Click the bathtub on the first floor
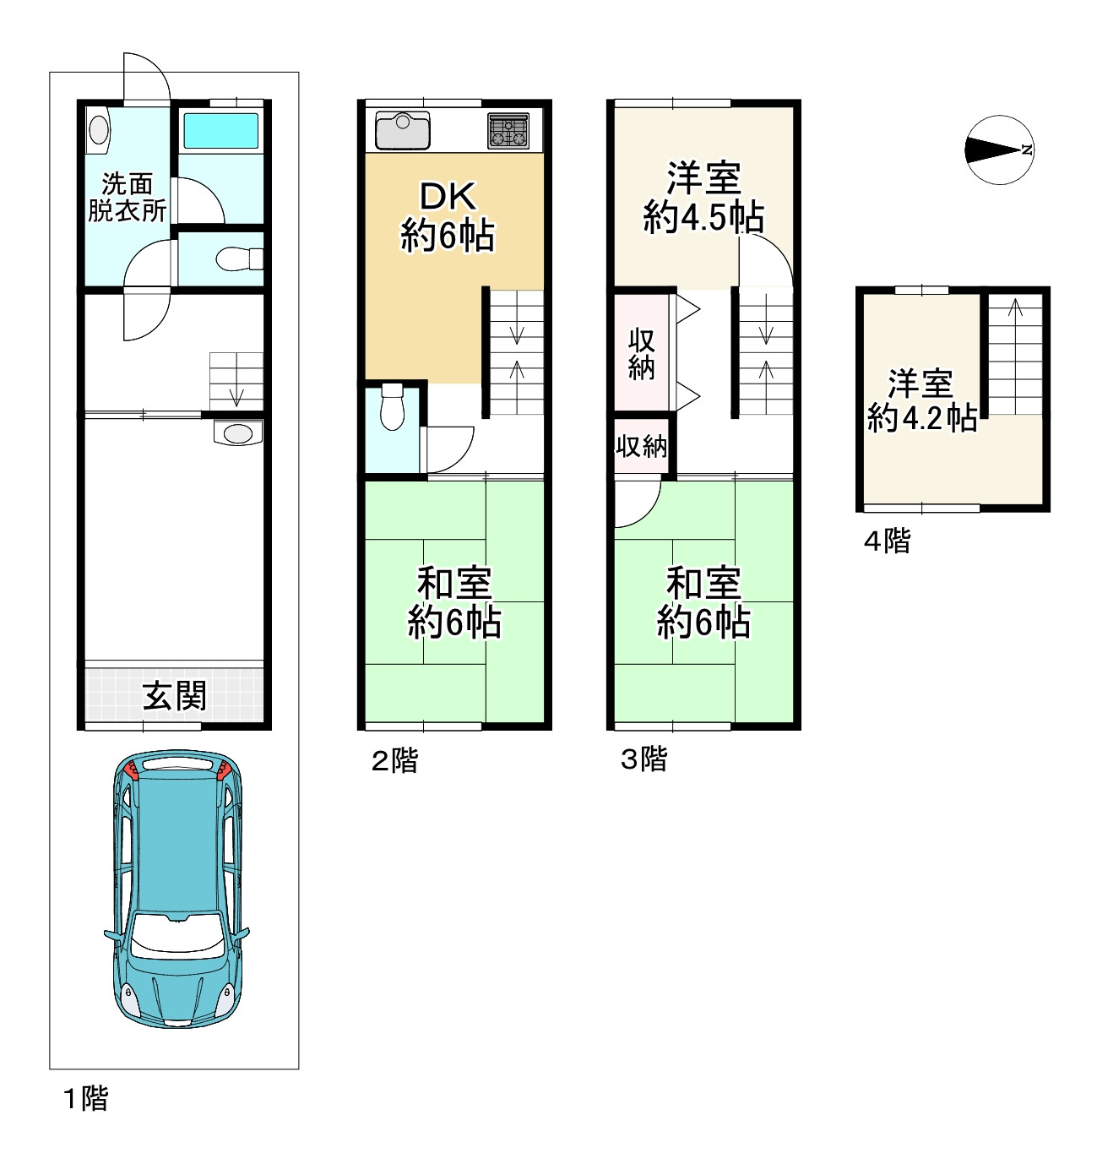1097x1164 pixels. [x=221, y=131]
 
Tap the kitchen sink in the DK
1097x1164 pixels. [x=403, y=129]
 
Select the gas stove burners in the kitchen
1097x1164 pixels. [x=508, y=131]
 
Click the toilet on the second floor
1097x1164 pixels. [x=392, y=407]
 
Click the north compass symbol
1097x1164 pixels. [x=1000, y=150]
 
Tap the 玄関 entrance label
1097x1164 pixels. [x=175, y=696]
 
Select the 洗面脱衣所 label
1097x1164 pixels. [x=128, y=198]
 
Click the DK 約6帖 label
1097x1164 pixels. [x=448, y=217]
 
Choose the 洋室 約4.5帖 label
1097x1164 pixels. [x=703, y=198]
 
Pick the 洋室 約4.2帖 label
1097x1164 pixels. [x=922, y=401]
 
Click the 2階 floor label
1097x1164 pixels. [x=395, y=761]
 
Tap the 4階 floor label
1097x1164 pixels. [x=888, y=541]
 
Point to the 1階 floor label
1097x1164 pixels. [x=86, y=1098]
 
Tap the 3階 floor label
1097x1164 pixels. [x=644, y=759]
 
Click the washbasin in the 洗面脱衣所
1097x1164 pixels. [x=99, y=129]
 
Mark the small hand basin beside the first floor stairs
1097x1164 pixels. [x=238, y=433]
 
